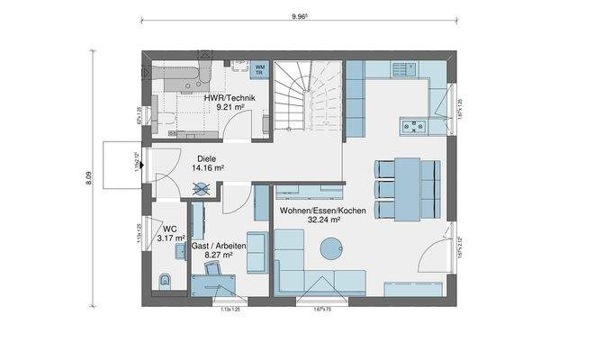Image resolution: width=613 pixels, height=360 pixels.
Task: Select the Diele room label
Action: click(207, 157)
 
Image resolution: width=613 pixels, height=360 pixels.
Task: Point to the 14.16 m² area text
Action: click(207, 167)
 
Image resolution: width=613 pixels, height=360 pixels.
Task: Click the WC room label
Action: click(171, 229)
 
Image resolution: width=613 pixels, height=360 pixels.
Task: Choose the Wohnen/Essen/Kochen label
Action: click(310, 210)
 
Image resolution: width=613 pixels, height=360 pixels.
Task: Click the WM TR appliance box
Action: click(260, 68)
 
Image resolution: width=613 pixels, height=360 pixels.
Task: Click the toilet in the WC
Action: click(165, 279)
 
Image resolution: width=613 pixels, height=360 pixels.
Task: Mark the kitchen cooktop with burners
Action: click(414, 128)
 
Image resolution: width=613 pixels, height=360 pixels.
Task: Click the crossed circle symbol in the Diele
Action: click(203, 189)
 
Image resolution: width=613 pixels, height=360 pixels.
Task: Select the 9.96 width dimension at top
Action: click(301, 15)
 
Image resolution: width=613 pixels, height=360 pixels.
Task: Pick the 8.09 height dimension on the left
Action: click(89, 177)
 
